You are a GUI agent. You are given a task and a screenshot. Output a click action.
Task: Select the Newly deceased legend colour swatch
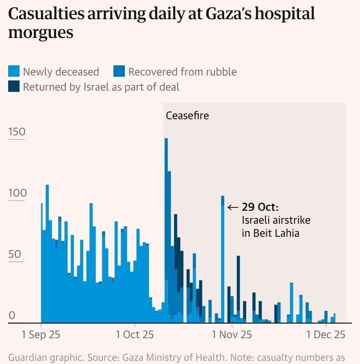(14, 72)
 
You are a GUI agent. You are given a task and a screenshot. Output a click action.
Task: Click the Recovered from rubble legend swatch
(119, 72)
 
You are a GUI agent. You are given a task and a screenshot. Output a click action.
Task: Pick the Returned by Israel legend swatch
(14, 87)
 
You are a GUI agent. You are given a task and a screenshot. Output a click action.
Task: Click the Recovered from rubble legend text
(182, 72)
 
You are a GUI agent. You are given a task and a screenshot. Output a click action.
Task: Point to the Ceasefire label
(187, 116)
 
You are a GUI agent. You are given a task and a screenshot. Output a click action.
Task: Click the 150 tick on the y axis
(17, 133)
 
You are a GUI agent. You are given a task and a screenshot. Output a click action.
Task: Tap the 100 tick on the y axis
(17, 193)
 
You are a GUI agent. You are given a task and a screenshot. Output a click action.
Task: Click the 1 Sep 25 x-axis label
(41, 335)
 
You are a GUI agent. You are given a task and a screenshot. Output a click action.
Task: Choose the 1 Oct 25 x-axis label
(134, 335)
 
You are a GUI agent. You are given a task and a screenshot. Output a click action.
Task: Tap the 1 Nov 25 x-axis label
(232, 335)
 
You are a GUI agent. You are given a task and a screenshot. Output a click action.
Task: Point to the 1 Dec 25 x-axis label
(326, 335)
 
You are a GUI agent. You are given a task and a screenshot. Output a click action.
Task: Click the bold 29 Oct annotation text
(260, 207)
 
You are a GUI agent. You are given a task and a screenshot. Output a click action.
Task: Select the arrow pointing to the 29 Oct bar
(233, 207)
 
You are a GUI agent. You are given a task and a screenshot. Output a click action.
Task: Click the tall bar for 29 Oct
(223, 259)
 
